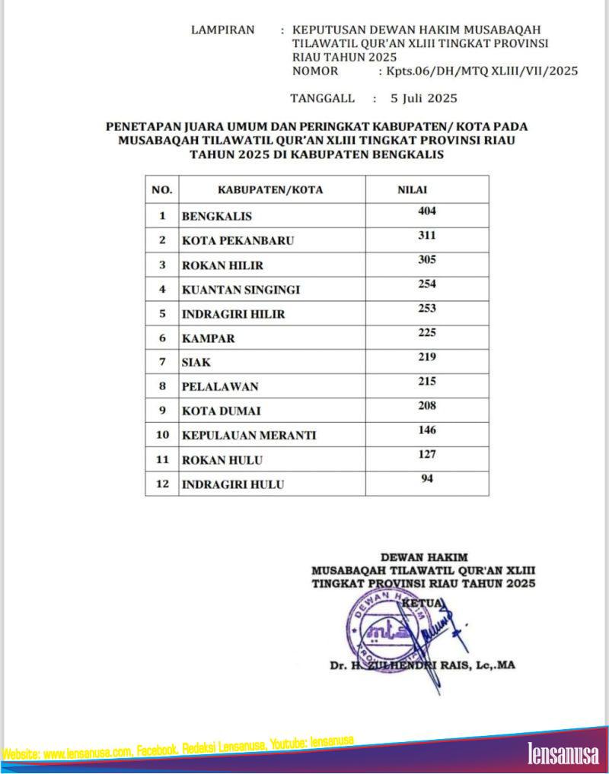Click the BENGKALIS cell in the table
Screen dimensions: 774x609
216,216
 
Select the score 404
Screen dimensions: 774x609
426,211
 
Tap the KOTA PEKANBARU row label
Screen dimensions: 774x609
237,240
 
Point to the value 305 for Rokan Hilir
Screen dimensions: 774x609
426,260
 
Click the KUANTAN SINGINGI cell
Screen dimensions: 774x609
241,290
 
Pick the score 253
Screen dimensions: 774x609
426,309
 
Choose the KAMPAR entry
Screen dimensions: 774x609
208,338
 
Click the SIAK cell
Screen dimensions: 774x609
196,363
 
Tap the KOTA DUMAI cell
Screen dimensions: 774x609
222,411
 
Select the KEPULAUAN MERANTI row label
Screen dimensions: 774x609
248,436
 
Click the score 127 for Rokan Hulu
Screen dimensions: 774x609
426,455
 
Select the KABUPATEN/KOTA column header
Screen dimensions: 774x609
270,189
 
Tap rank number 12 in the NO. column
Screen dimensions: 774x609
161,484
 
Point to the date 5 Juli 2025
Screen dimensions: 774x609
423,98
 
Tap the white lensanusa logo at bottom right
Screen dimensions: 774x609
563,753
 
